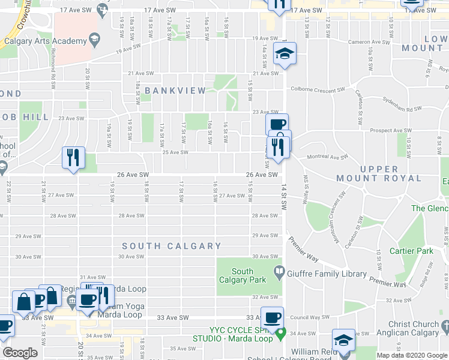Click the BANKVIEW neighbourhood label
pyautogui.click(x=175, y=91)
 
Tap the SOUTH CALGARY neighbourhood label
pyautogui.click(x=172, y=246)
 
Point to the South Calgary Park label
pyautogui.click(x=242, y=275)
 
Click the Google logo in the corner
pyautogui.click(x=20, y=353)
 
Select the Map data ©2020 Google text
pyautogui.click(x=411, y=355)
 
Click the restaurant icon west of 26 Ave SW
pyautogui.click(x=72, y=158)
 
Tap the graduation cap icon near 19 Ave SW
pyautogui.click(x=284, y=55)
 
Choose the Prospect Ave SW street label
pyautogui.click(x=390, y=131)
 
